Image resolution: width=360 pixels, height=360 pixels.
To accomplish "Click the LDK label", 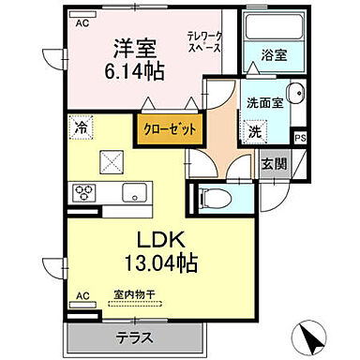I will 162,239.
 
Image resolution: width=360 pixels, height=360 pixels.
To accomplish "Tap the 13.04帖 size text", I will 162,263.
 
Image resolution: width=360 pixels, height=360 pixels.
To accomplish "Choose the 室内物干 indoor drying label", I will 132,292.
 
